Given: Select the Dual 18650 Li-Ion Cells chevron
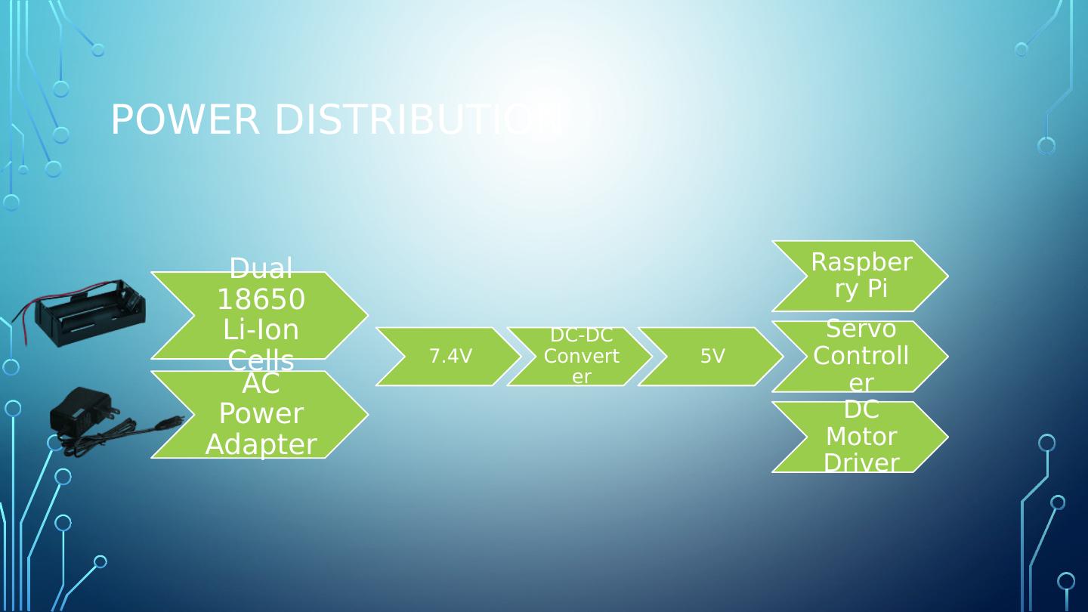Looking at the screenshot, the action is tap(261, 315).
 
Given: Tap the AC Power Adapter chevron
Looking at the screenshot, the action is tap(261, 414).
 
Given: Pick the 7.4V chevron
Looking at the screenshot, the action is tap(450, 357).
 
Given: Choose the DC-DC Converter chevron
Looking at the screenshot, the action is tap(581, 357).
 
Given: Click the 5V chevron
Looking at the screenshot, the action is tap(712, 357).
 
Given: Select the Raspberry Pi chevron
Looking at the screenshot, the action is tap(861, 276).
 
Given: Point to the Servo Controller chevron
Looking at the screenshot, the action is tap(861, 357).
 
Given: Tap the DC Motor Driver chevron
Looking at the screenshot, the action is tap(861, 437).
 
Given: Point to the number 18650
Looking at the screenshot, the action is tap(261, 300).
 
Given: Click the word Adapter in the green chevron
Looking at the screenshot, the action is tap(261, 444).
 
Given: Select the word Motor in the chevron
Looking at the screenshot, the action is tap(861, 437).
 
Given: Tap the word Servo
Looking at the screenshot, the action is tap(861, 329).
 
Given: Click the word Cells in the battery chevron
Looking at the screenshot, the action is tap(261, 361).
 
